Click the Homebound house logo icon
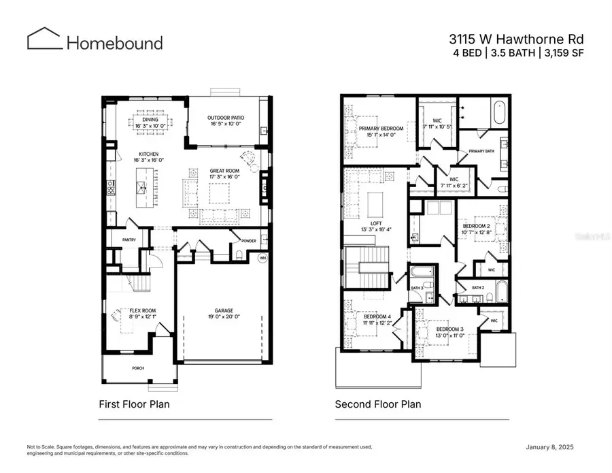click(x=44, y=39)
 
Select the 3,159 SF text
click(x=566, y=52)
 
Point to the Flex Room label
click(x=143, y=310)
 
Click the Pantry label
click(x=129, y=240)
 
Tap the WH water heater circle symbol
click(x=262, y=257)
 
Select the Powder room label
click(x=248, y=240)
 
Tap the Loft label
click(x=376, y=223)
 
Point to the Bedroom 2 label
click(x=477, y=225)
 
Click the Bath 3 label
click(x=417, y=288)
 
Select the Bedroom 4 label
click(x=377, y=316)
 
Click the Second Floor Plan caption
click(x=377, y=404)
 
